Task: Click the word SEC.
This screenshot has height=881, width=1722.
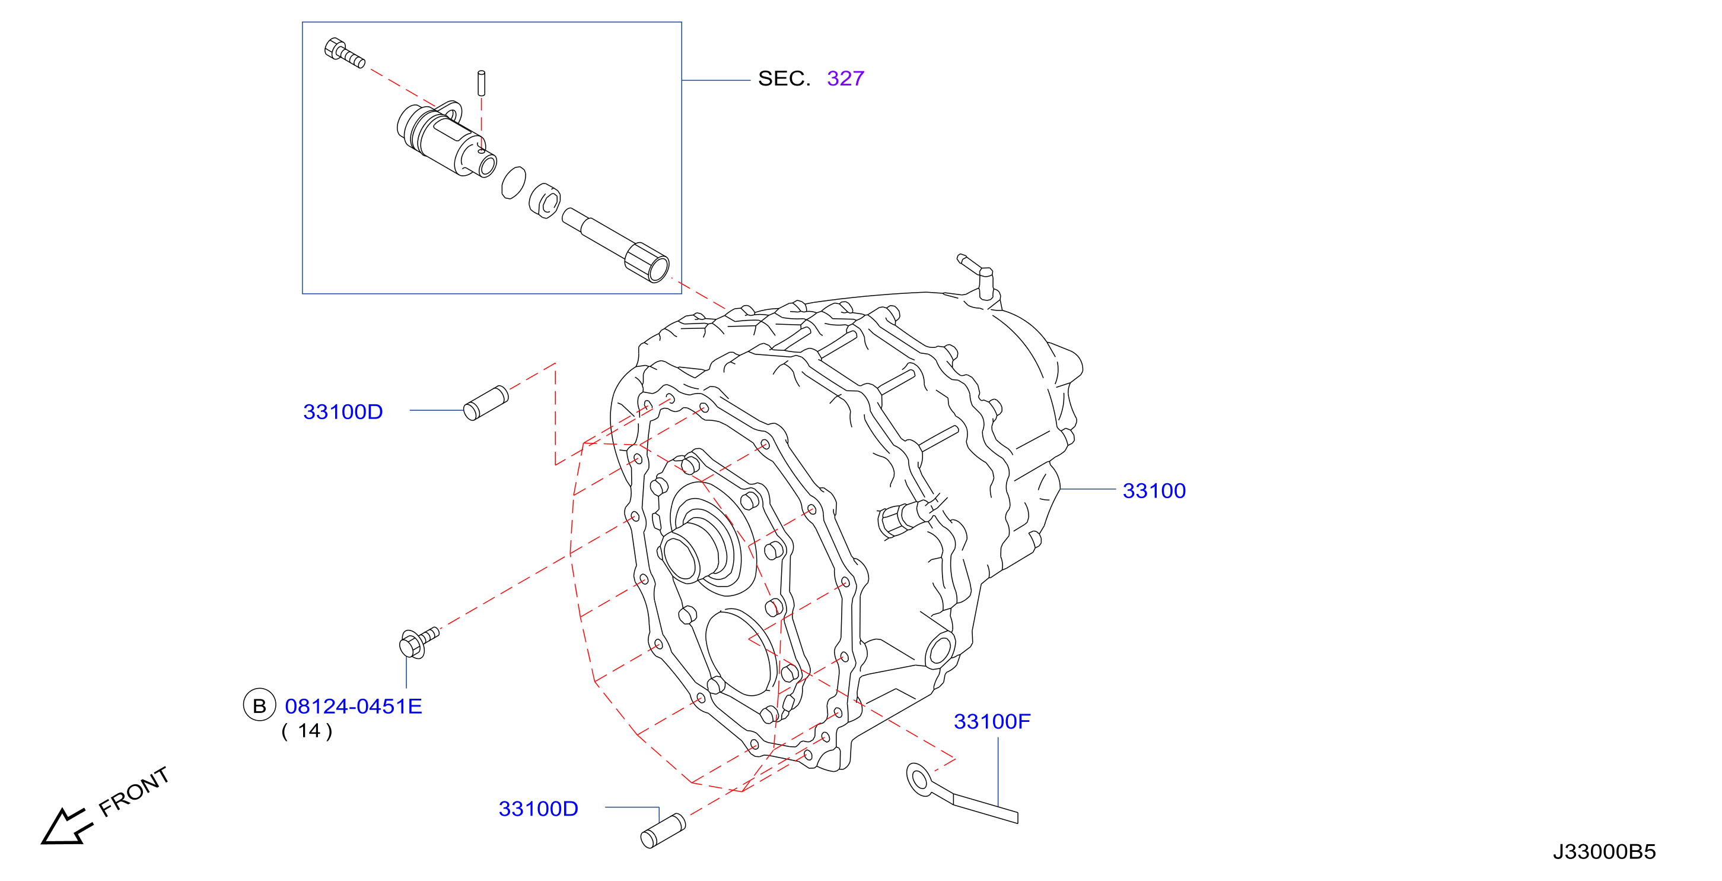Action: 784,79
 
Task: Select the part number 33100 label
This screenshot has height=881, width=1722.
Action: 1154,491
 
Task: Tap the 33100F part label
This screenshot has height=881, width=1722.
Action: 991,722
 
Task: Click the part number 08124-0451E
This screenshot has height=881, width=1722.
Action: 353,706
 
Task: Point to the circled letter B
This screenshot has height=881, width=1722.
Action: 259,705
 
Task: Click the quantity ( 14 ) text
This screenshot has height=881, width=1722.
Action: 307,731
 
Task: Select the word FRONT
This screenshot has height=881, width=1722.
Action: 133,792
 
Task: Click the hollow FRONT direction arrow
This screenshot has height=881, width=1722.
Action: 65,827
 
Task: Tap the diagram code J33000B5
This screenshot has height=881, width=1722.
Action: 1604,851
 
